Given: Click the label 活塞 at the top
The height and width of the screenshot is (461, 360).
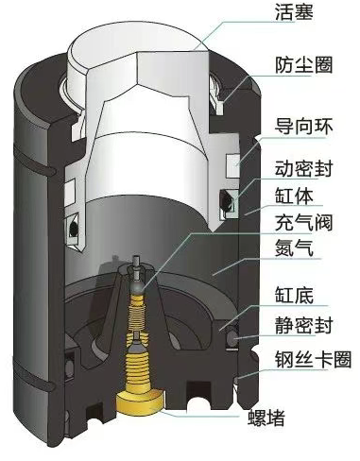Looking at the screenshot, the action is [294, 12].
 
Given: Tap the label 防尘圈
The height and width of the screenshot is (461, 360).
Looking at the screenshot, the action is [304, 65].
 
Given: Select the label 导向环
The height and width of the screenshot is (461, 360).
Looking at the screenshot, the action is [304, 127].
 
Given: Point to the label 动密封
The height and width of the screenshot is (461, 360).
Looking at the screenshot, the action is [304, 169].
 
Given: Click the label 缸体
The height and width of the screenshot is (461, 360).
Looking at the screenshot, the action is [294, 196].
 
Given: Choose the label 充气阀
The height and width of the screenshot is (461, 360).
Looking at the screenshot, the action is [304, 222].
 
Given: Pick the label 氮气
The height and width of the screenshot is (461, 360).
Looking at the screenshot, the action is [294, 248].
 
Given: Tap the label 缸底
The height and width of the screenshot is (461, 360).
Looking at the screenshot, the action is [294, 295].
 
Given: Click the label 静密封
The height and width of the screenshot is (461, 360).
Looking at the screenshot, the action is [304, 325].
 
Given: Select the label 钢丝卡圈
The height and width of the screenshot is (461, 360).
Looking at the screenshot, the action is [313, 359].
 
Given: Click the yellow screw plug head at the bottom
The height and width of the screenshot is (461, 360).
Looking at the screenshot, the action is [141, 402].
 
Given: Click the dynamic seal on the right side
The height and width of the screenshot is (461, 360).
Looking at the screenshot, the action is [228, 204].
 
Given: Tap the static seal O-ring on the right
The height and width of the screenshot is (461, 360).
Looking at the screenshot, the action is [232, 339].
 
